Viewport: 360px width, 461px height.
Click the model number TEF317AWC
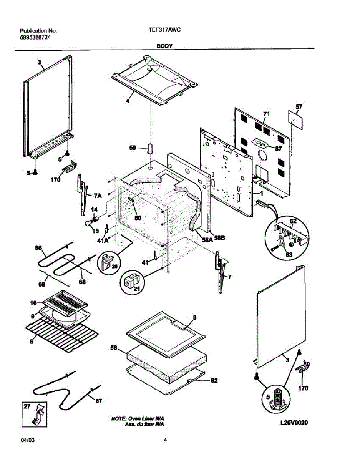tap(164, 30)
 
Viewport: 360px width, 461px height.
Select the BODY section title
tap(164, 46)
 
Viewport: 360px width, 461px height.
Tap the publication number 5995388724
tap(35, 38)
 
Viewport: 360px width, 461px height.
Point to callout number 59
tap(133, 148)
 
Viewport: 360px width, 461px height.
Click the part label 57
tap(299, 107)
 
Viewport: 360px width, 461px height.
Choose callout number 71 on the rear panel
tap(267, 114)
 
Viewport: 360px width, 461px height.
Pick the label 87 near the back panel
tap(278, 149)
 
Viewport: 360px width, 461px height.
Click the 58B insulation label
tap(219, 238)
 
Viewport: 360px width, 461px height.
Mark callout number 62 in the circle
tap(293, 221)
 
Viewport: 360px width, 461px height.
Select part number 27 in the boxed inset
tap(27, 406)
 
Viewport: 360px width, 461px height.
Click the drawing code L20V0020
tap(294, 423)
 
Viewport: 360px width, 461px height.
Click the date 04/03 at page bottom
tap(28, 440)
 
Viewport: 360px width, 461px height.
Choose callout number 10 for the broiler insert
tap(33, 303)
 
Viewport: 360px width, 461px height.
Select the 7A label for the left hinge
tap(98, 196)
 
